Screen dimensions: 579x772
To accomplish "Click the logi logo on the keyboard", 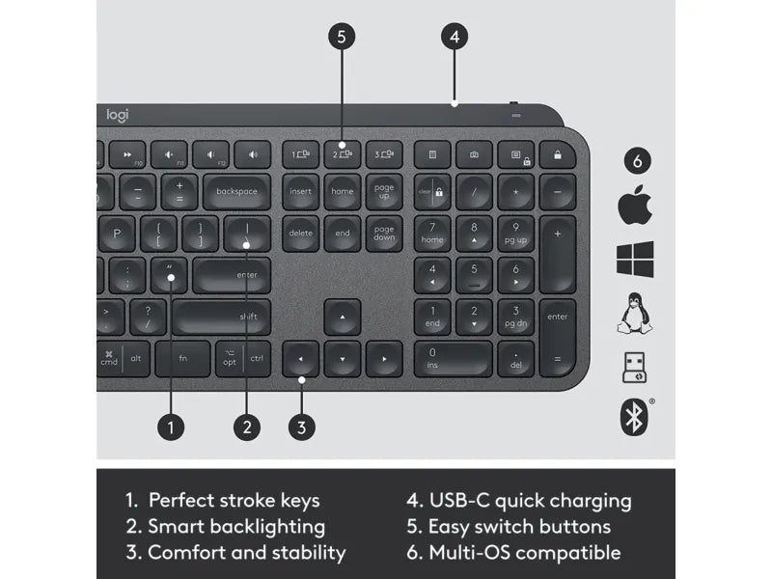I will [x=116, y=116].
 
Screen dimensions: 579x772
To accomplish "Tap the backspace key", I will [x=236, y=191].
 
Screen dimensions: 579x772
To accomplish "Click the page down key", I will [x=384, y=233].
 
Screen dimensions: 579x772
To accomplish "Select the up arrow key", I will [x=342, y=317].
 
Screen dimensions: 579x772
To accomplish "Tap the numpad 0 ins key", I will [x=453, y=358].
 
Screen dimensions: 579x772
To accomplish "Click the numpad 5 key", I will [x=474, y=275].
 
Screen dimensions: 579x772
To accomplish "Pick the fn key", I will [x=182, y=358].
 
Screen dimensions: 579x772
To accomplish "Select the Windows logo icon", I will [x=635, y=260].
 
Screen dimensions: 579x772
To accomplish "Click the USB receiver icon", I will [x=635, y=368].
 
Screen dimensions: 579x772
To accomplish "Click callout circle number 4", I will [x=455, y=37].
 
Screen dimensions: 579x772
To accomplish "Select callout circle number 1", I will [x=171, y=427].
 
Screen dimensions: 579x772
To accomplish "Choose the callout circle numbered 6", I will [x=635, y=160].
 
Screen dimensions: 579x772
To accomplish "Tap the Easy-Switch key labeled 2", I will [x=342, y=153].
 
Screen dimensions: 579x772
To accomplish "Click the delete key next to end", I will [x=300, y=233].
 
